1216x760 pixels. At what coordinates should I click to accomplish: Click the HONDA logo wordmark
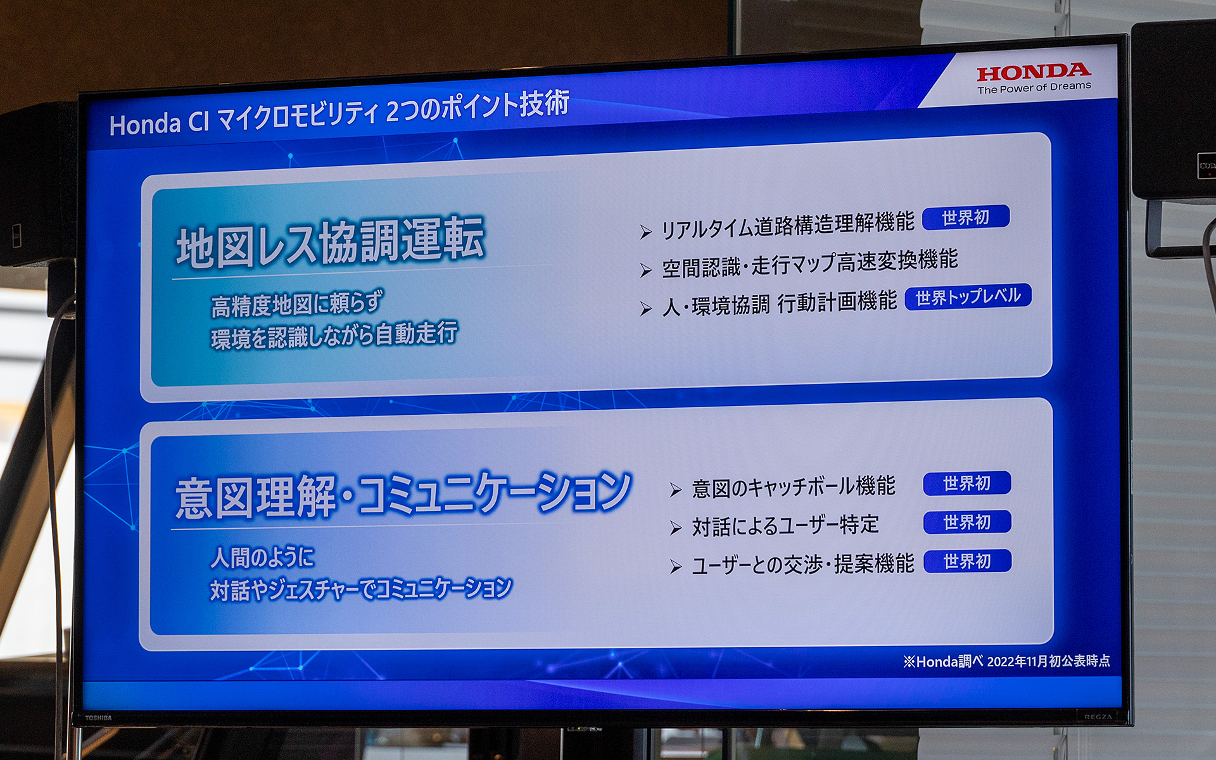[x=1034, y=72]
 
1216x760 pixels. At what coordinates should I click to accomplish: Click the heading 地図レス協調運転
[x=331, y=243]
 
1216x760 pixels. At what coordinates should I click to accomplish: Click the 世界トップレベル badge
[x=968, y=297]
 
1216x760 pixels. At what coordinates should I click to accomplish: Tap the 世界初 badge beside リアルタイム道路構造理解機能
[x=965, y=218]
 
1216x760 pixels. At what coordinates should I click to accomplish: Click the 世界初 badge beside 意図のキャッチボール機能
[x=966, y=484]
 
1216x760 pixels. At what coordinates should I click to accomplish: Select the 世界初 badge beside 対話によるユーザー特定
[x=966, y=522]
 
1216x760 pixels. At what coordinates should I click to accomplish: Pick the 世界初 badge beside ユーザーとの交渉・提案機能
[x=966, y=562]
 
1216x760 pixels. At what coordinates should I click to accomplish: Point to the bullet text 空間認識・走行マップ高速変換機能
[x=809, y=264]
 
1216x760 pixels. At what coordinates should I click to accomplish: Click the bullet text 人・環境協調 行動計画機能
[x=779, y=303]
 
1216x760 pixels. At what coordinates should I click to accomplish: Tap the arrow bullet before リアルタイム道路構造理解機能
[x=645, y=232]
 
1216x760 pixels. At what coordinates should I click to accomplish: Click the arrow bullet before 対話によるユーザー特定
[x=676, y=528]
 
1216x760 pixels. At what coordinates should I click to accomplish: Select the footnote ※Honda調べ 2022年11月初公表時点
[x=1006, y=662]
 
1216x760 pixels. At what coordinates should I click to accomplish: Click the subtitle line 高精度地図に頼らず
[x=297, y=304]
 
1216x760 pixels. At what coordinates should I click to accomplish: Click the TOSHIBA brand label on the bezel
[x=98, y=718]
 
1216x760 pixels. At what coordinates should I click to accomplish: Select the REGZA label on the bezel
[x=1098, y=717]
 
